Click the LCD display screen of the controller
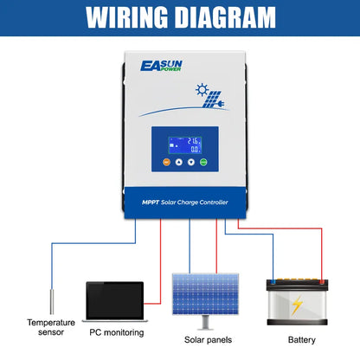180,144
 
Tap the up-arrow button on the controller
180,162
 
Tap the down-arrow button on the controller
195,162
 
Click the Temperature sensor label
51,327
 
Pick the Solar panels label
207,339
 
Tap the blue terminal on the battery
273,280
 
